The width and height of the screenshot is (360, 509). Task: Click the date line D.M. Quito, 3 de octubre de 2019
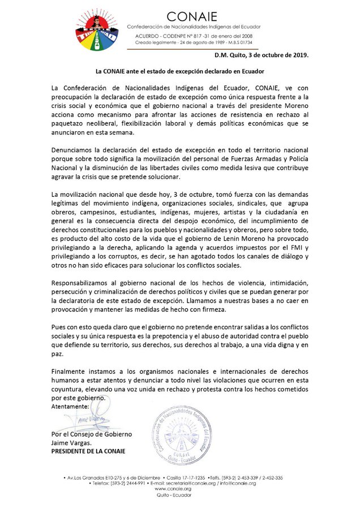coord(262,56)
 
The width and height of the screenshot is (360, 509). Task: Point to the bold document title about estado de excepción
coord(180,72)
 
